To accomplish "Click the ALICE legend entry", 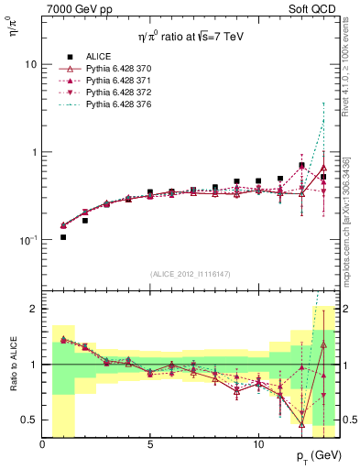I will (x=99, y=56).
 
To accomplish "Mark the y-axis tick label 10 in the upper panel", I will (x=30, y=65).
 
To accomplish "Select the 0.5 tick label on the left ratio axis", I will (x=27, y=420).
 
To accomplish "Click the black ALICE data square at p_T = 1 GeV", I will (x=63, y=237).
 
